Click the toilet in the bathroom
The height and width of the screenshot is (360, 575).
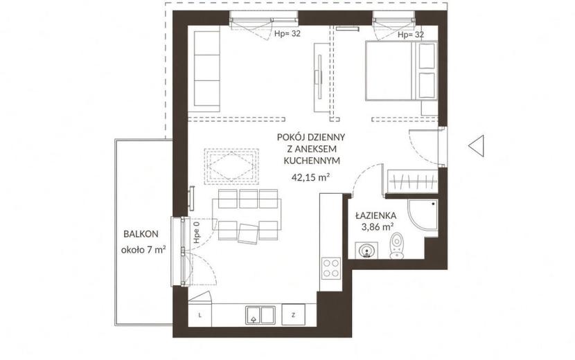pyautogui.click(x=396, y=246)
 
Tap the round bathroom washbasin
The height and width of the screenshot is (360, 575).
pyautogui.click(x=366, y=251)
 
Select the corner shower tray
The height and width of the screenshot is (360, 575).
pyautogui.click(x=423, y=215)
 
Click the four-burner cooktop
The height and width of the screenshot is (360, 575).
pyautogui.click(x=330, y=268)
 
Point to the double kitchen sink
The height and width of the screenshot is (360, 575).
pyautogui.click(x=260, y=314)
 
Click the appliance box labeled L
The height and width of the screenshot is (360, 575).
pyautogui.click(x=200, y=314)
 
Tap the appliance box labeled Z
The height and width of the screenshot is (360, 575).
pyautogui.click(x=293, y=314)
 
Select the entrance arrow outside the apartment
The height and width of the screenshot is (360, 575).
pyautogui.click(x=476, y=146)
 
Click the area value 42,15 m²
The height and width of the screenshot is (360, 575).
pyautogui.click(x=310, y=177)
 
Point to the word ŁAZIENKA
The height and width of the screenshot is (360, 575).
pyautogui.click(x=376, y=215)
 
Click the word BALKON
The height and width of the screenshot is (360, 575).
pyautogui.click(x=141, y=234)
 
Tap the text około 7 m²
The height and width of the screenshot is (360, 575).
pyautogui.click(x=143, y=250)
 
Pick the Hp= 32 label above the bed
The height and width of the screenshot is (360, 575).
pyautogui.click(x=411, y=35)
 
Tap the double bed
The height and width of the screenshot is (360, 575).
pyautogui.click(x=401, y=70)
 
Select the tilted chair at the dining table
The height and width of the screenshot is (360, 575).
pyautogui.click(x=248, y=233)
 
